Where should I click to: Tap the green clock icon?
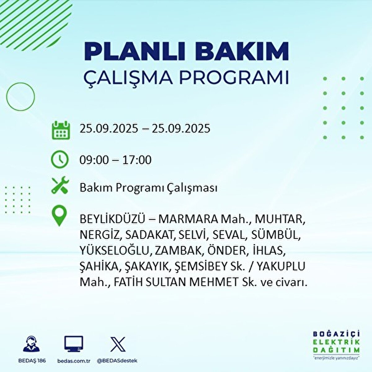(x=60, y=159)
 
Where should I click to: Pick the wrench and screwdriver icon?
(x=60, y=185)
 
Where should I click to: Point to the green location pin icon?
(x=60, y=216)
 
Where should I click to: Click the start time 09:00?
(x=94, y=160)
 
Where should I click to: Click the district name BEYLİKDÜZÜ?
(x=112, y=219)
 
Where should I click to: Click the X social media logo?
(x=118, y=344)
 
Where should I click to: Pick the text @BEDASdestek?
(x=117, y=361)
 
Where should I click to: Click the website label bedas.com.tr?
(x=74, y=361)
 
